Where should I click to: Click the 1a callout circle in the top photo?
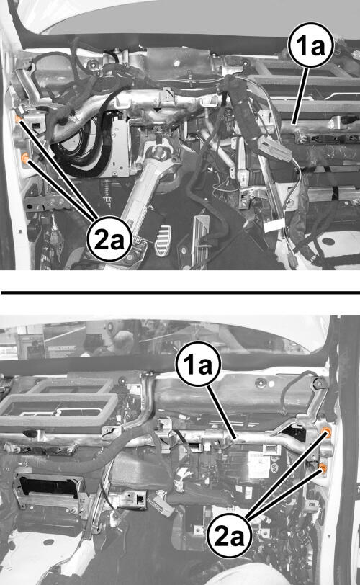(312, 45)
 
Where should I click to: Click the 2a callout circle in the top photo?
(109, 238)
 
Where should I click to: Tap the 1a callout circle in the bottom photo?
(198, 364)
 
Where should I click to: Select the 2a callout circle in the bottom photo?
(229, 536)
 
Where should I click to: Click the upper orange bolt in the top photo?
(18, 119)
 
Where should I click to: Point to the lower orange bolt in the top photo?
(25, 159)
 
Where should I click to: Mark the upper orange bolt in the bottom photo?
(327, 432)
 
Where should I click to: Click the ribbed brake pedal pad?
(163, 241)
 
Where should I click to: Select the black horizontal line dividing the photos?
(181, 292)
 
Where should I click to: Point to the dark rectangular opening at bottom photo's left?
(49, 487)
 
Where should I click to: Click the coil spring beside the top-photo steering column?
(107, 193)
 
